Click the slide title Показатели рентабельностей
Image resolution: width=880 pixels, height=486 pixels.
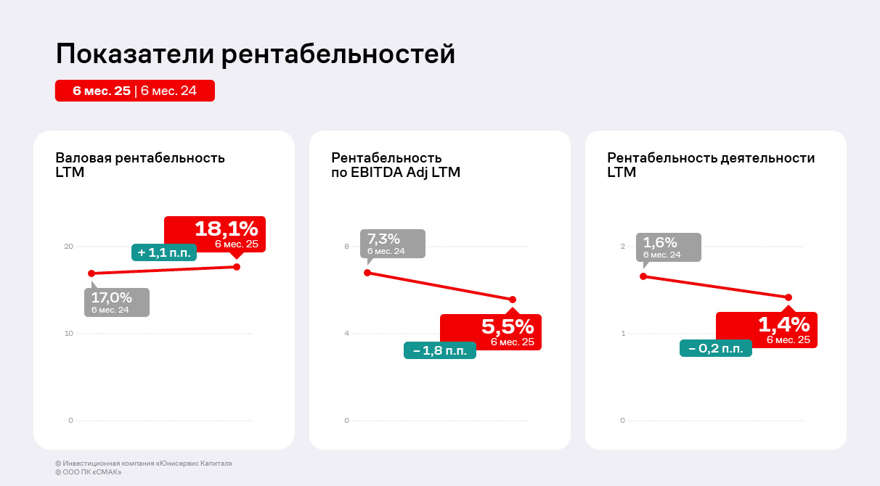[x=255, y=54]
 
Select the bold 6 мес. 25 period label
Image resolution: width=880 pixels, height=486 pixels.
[x=102, y=91]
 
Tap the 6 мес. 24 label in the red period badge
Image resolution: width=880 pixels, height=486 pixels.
[x=168, y=91]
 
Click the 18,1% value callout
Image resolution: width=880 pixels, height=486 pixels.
[x=215, y=234]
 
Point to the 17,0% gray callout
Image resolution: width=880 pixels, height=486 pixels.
[x=117, y=302]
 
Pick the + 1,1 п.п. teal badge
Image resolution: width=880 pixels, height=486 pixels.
[x=164, y=252]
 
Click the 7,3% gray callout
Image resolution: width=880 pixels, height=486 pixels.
[x=393, y=244]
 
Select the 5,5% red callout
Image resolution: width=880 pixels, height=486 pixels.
[x=491, y=331]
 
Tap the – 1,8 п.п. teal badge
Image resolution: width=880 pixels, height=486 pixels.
[x=440, y=350]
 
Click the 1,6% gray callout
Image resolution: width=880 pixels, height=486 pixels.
[x=669, y=247]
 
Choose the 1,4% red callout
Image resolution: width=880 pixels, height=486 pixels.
[x=767, y=329]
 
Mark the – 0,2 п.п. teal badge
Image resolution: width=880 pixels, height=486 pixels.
[x=716, y=348]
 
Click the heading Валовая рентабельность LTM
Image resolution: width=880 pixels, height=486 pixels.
[x=140, y=165]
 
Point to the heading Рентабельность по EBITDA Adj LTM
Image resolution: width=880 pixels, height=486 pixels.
[x=396, y=165]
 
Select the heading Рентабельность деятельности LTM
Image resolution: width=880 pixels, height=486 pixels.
[x=711, y=165]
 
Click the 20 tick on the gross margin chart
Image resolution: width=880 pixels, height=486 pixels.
[x=69, y=247]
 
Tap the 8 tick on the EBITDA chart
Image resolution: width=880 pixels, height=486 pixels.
[x=346, y=247]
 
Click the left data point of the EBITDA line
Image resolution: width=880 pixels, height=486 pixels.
[x=367, y=273]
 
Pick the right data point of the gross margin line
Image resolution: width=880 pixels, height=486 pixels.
[x=237, y=267]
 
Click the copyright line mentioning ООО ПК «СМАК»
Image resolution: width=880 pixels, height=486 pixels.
[x=88, y=472]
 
